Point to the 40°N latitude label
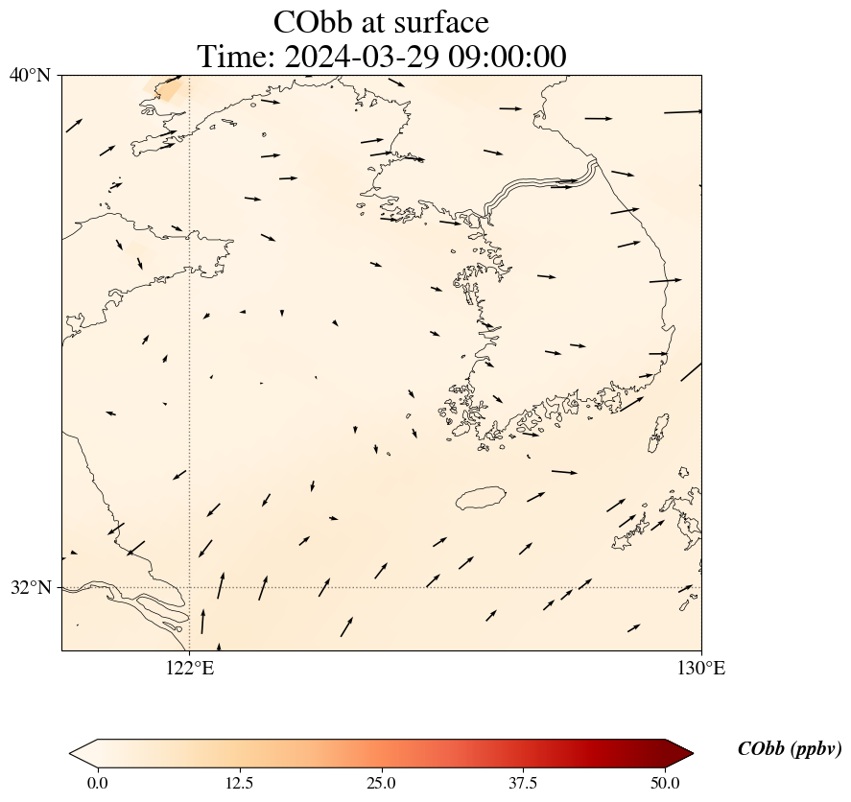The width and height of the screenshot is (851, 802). click(30, 75)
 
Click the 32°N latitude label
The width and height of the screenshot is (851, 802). click(30, 587)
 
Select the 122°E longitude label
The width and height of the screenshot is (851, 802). click(190, 668)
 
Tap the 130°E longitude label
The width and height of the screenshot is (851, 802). click(701, 668)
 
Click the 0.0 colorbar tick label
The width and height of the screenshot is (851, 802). click(97, 783)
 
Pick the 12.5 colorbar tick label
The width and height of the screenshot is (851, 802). click(239, 783)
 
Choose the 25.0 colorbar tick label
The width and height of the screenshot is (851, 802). click(381, 783)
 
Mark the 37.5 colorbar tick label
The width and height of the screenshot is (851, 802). click(523, 783)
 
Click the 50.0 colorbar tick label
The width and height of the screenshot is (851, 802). click(665, 783)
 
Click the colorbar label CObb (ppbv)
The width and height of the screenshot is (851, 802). click(789, 749)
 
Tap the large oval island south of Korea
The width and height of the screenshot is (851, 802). click(481, 498)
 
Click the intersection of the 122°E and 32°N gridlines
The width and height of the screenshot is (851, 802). click(190, 587)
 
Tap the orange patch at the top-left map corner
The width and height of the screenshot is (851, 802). click(171, 89)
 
